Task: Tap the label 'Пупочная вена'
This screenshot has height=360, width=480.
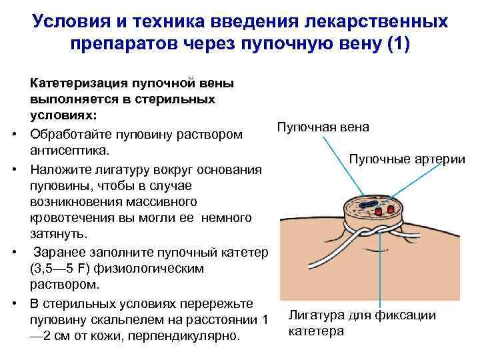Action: (x=323, y=127)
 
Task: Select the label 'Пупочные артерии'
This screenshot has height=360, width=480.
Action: (x=407, y=159)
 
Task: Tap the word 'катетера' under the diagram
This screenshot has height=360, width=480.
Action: (x=315, y=331)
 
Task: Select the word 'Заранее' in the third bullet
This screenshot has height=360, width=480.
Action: (x=61, y=252)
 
